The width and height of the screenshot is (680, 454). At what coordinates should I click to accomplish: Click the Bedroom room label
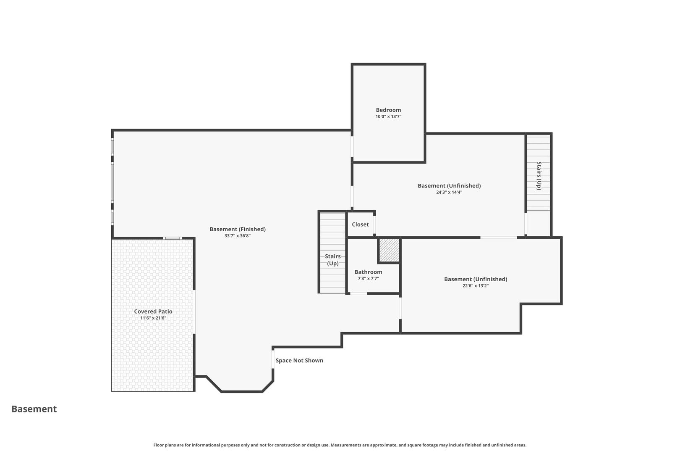(388, 110)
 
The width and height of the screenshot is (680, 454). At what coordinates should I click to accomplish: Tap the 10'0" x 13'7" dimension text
(388, 116)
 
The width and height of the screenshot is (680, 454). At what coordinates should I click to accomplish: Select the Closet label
(360, 224)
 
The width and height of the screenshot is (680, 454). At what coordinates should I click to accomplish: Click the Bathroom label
(368, 272)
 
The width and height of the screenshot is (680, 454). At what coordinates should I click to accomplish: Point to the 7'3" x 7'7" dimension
(368, 279)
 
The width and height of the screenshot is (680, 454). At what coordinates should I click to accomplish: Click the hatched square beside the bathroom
(389, 250)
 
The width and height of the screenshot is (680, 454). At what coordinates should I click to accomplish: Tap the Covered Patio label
(153, 311)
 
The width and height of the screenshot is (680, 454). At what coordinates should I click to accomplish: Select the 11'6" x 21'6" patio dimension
(153, 318)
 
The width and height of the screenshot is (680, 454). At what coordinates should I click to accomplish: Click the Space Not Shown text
(299, 360)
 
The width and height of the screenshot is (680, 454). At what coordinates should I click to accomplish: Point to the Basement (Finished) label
(238, 229)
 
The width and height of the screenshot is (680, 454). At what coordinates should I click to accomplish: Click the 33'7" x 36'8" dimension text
(238, 236)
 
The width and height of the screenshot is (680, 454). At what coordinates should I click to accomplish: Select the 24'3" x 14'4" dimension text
(449, 192)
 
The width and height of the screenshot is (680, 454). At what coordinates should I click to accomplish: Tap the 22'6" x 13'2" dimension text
(476, 285)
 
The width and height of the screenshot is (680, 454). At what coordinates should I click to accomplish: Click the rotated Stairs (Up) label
(539, 176)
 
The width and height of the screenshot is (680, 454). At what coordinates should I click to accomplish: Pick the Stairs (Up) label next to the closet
(333, 260)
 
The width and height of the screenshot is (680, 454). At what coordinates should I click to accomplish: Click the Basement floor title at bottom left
(34, 409)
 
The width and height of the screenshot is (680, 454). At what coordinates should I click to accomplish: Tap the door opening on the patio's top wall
(173, 238)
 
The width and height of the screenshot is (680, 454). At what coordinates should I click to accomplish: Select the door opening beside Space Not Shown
(273, 359)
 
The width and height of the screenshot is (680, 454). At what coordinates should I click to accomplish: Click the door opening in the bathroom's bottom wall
(358, 293)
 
